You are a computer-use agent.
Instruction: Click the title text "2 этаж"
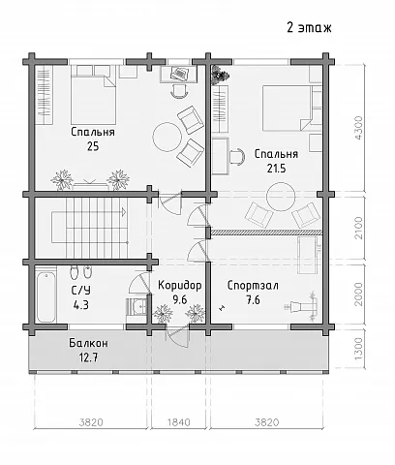click(309, 28)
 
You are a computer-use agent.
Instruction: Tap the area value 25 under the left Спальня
click(93, 146)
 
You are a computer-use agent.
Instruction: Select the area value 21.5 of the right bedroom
click(276, 169)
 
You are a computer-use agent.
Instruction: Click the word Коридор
click(180, 286)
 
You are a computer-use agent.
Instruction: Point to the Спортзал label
click(253, 286)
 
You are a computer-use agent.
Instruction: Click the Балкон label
click(88, 343)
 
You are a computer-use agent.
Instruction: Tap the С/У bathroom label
click(81, 291)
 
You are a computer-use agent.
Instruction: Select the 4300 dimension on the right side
click(358, 128)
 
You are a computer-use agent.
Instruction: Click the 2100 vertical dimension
click(358, 228)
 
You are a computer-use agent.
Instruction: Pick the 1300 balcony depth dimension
click(358, 349)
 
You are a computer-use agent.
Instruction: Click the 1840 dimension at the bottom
click(178, 422)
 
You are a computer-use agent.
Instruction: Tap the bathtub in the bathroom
click(46, 297)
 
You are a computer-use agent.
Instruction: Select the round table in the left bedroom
click(167, 137)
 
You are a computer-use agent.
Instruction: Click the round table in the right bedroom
click(281, 197)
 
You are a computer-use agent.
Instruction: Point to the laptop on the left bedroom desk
click(179, 74)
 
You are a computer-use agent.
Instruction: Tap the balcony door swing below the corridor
click(176, 337)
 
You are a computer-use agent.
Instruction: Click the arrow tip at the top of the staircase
click(126, 212)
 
